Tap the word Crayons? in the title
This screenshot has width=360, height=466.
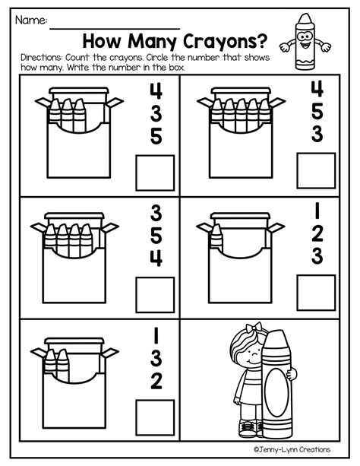[219, 40]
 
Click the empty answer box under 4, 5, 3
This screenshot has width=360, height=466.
[315, 172]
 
